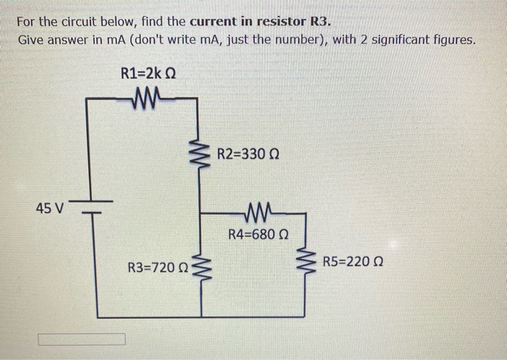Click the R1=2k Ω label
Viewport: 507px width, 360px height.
[148, 73]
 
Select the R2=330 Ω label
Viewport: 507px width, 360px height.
[248, 155]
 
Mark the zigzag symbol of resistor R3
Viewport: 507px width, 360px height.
[201, 267]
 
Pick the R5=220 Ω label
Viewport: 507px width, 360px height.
[352, 261]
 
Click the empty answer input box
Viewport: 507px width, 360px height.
[81, 339]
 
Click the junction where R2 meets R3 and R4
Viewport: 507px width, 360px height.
[201, 214]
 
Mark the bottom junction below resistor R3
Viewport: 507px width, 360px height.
[201, 317]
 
